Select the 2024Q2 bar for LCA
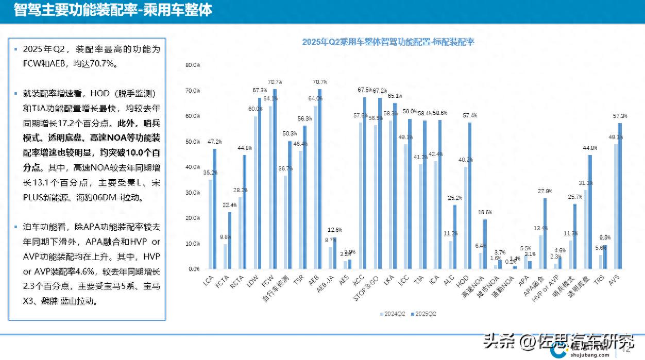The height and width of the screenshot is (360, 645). (211, 224)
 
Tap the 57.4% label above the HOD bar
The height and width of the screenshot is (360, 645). (470, 115)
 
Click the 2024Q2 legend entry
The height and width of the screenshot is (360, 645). (394, 313)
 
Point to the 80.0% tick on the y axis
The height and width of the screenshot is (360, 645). (192, 65)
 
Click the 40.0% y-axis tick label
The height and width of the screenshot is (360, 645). (192, 167)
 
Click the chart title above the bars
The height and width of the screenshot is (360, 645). (387, 43)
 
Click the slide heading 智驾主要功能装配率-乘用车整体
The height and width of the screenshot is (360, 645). (113, 10)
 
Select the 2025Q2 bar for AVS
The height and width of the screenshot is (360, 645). (620, 196)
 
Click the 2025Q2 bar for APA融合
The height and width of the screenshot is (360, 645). (545, 233)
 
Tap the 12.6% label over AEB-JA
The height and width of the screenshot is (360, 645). (334, 230)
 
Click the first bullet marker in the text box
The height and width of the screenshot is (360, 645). (15, 49)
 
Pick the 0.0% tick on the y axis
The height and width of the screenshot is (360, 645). (193, 269)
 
